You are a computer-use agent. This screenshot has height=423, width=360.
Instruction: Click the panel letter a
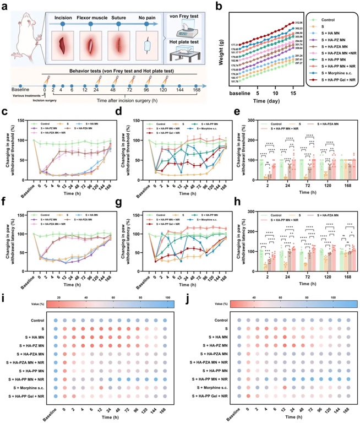pos(5,5)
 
